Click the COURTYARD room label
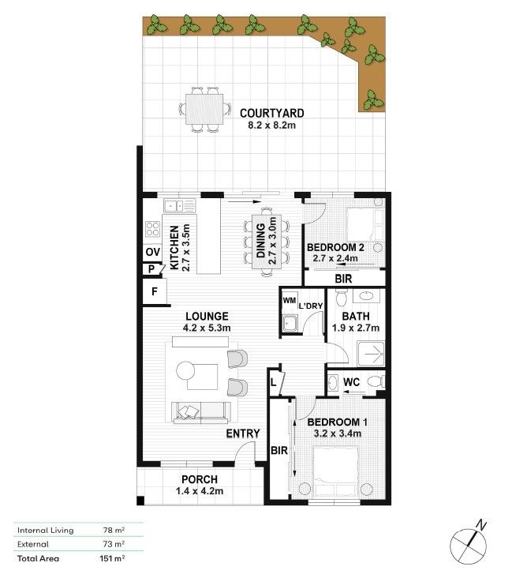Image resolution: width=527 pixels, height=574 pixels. click(x=271, y=113)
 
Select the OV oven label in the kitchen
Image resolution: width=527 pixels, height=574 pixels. click(x=152, y=252)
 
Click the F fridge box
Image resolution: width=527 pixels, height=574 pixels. click(x=155, y=292)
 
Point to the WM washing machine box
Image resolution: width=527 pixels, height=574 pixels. click(x=289, y=300)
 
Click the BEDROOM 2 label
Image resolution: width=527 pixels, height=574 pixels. click(x=335, y=247)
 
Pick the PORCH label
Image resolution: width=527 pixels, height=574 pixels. click(x=199, y=479)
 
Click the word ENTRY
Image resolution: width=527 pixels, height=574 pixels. click(x=242, y=434)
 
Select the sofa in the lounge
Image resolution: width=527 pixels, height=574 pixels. click(x=202, y=411)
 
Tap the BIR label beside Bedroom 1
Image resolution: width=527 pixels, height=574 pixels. click(x=277, y=450)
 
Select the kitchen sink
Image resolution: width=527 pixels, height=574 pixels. click(x=180, y=206)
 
